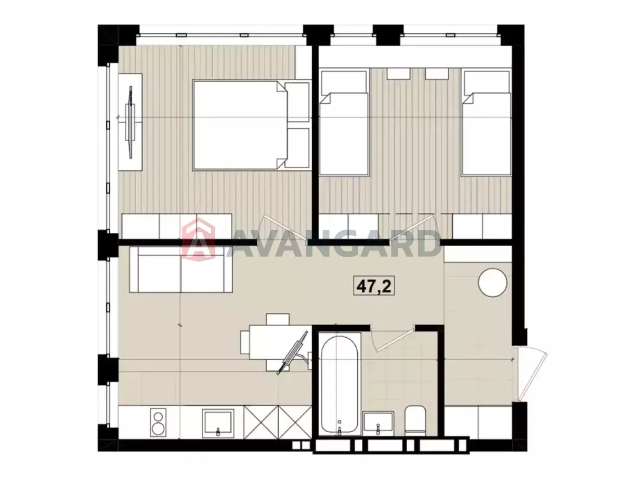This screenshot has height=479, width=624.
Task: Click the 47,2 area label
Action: coord(373,285)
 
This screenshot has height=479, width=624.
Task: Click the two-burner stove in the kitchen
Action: coord(158,422)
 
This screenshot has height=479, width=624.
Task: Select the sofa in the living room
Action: coord(181,270)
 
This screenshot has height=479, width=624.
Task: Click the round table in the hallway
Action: coord(492,283)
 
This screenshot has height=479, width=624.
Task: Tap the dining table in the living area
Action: coord(280,342)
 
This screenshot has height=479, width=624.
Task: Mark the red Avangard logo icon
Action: coord(199,239)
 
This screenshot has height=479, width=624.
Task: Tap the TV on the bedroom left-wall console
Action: coord(131,122)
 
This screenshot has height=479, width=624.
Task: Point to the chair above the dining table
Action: coord(277,319)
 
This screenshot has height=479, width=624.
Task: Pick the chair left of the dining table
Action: coord(245,342)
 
